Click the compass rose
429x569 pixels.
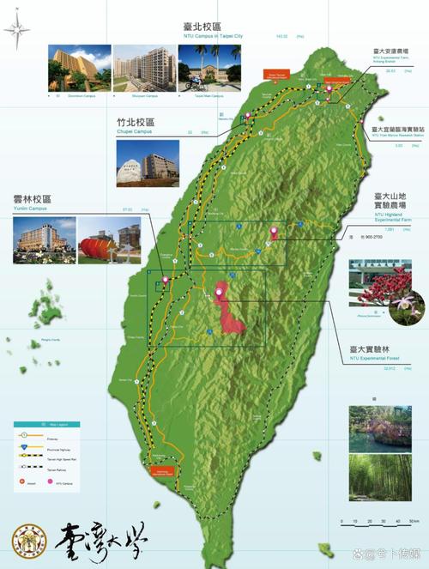(16, 32)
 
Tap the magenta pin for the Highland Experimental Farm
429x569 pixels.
(274, 231)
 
